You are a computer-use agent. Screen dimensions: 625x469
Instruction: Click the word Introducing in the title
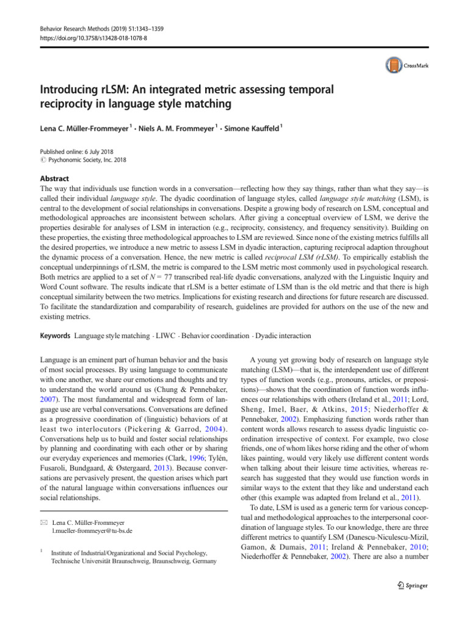coord(68,90)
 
